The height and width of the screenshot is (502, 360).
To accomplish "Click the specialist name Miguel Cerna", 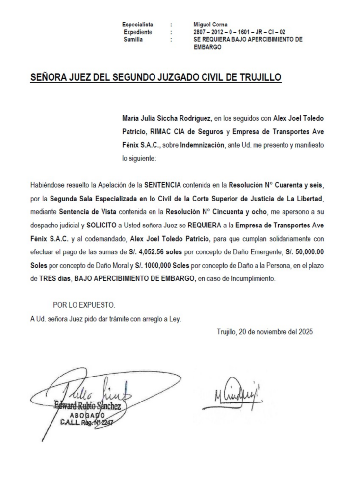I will tap(210, 25).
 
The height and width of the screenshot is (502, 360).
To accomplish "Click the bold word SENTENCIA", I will tap(163, 186).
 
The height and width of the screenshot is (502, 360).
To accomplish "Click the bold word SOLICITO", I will tap(103, 226).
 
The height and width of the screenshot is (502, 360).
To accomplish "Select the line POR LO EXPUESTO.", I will tap(84, 305).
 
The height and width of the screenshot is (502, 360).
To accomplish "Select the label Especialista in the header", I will tap(138, 25).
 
